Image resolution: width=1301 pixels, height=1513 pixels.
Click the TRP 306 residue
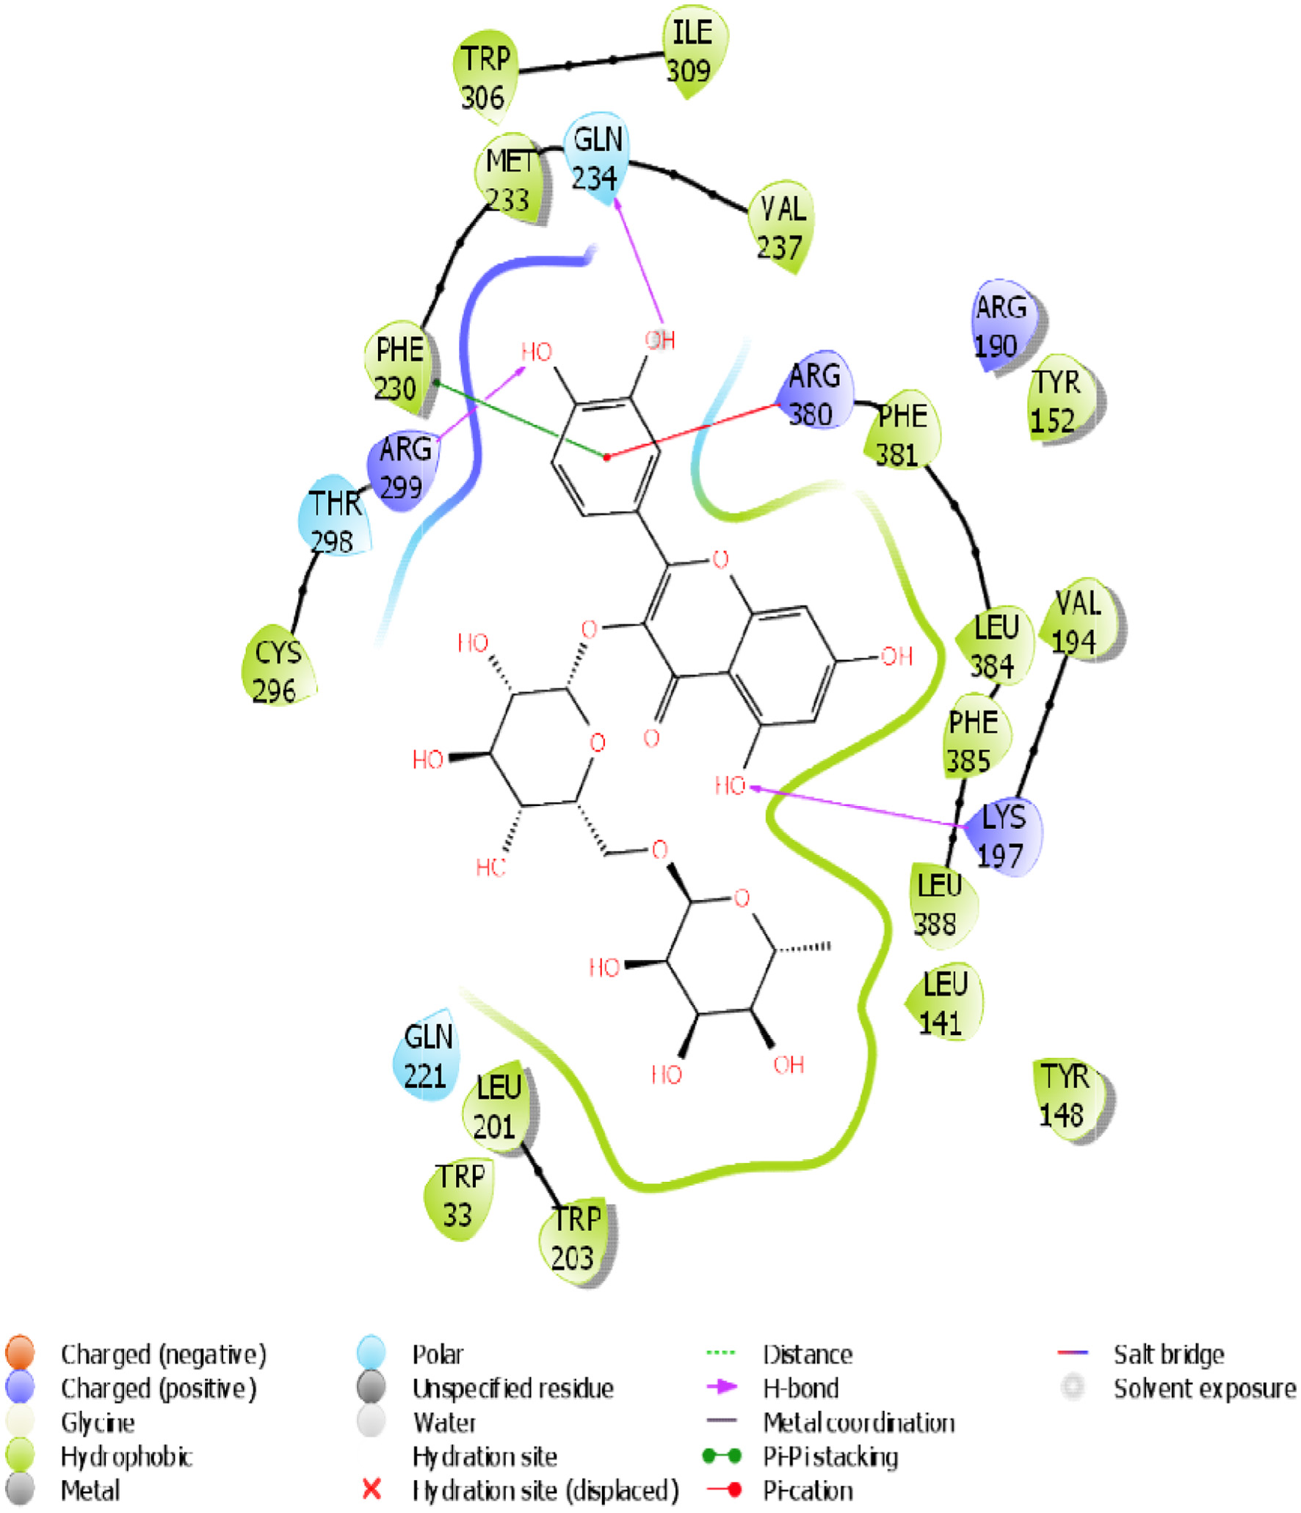point(485,77)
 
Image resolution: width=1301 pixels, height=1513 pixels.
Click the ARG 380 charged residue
point(813,394)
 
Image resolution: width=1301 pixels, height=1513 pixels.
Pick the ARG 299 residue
point(404,468)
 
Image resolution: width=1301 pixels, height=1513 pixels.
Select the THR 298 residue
point(335,522)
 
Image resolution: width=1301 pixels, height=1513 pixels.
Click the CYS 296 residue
point(277,671)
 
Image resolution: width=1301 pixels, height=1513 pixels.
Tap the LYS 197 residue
point(1002,837)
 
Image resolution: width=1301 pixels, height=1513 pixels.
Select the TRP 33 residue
point(460,1195)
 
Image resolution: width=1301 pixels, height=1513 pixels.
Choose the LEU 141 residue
point(944,1002)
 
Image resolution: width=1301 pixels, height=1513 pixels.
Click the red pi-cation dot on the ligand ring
point(606,457)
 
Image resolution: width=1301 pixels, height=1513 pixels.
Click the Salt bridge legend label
point(1168,1354)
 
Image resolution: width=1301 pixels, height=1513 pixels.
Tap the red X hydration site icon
point(372,1490)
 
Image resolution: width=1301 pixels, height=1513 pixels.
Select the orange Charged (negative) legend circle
point(20,1353)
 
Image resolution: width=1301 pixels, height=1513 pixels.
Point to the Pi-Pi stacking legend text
point(830,1456)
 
